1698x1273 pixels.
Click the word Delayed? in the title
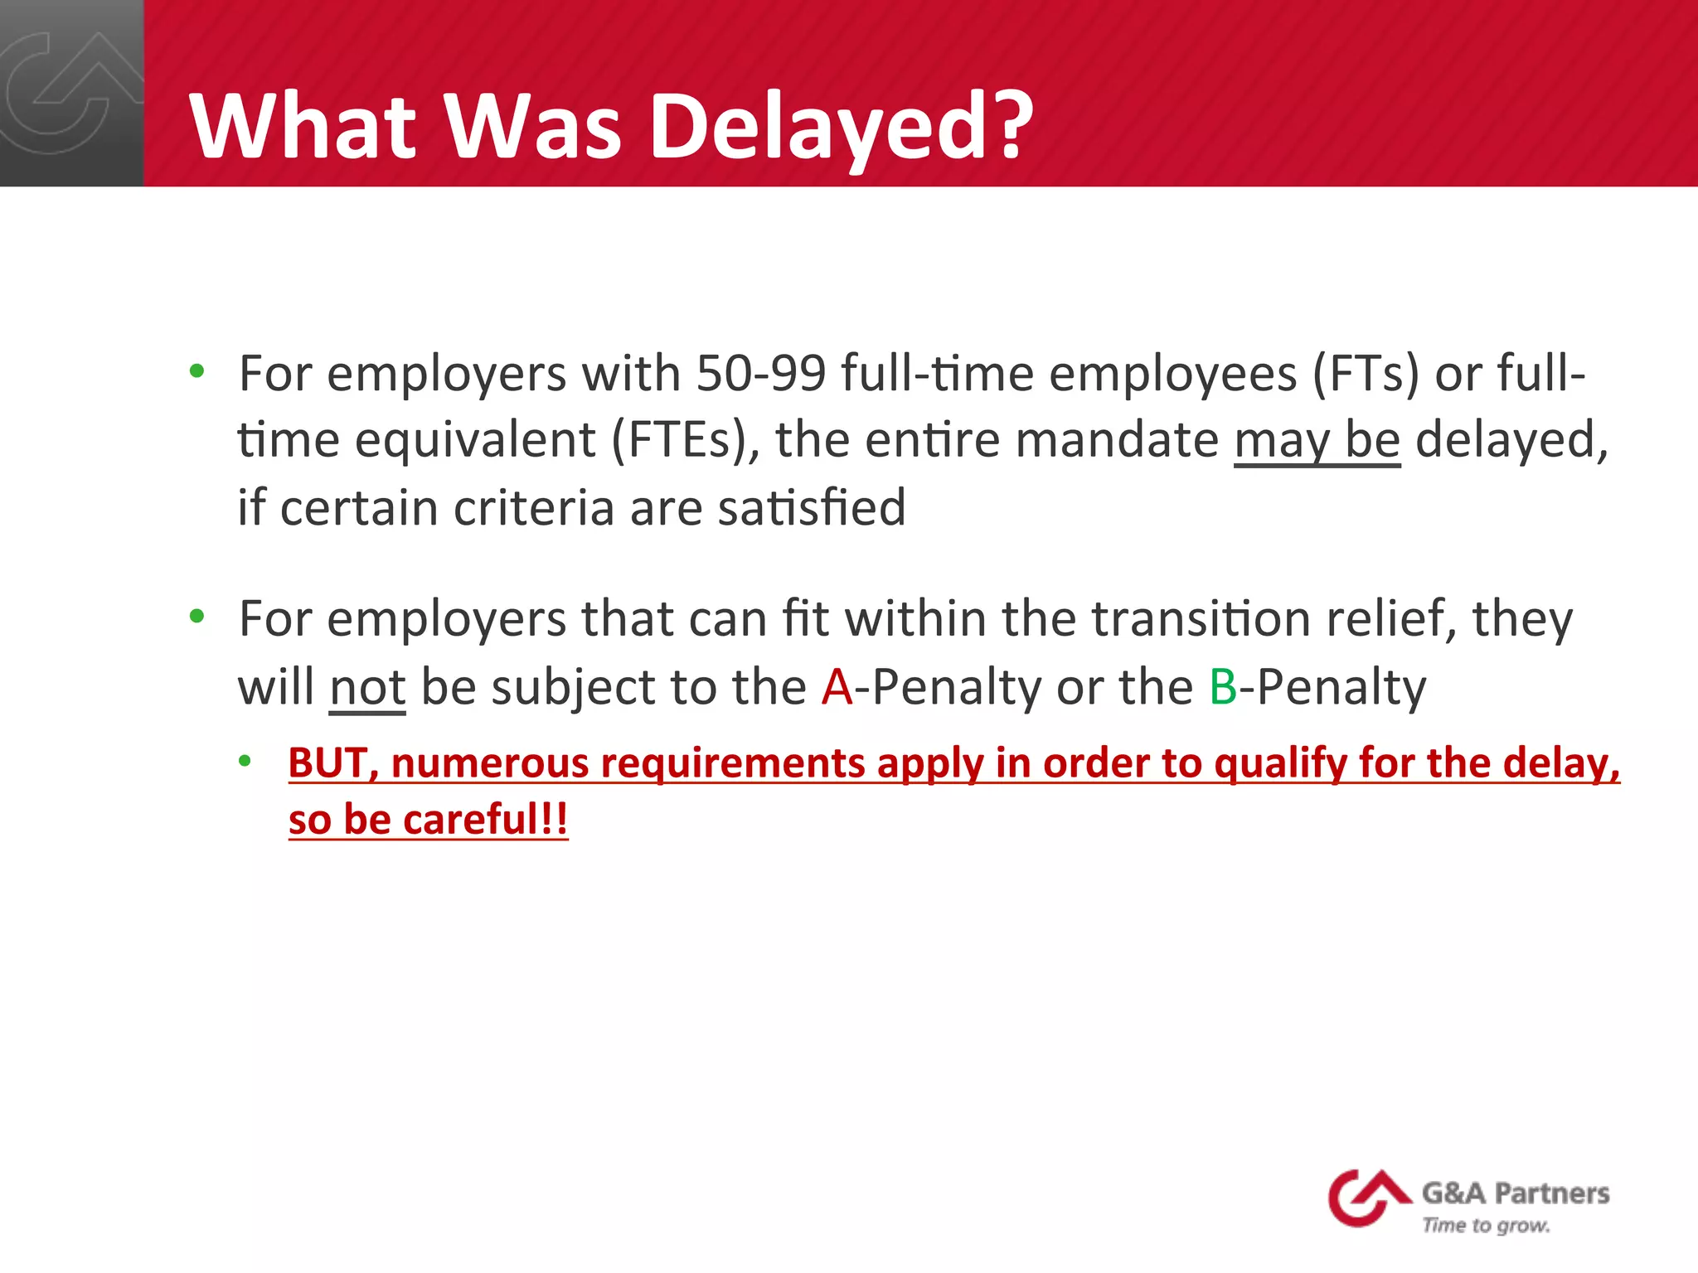[x=842, y=127]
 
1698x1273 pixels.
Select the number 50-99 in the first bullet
[x=760, y=373]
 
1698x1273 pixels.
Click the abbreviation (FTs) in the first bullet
[x=1366, y=373]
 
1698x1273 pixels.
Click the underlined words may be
[x=1317, y=439]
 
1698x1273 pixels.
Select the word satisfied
[x=812, y=507]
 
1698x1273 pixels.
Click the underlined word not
[x=367, y=687]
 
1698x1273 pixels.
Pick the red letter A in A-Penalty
[x=837, y=687]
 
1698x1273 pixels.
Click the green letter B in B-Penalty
[x=1223, y=687]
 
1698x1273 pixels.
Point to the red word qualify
[x=1279, y=762]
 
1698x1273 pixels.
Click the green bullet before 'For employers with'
[x=196, y=370]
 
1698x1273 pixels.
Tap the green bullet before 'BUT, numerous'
[x=245, y=761]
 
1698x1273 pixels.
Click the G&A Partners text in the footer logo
[x=1516, y=1193]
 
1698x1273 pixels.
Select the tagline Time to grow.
[x=1486, y=1225]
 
